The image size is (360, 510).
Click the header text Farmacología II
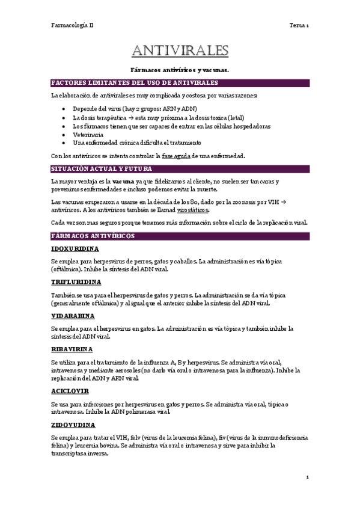click(x=72, y=25)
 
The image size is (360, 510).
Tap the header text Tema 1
click(x=299, y=25)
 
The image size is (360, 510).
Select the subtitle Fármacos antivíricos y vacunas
click(x=180, y=70)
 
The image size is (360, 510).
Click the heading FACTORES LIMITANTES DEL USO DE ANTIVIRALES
click(x=134, y=82)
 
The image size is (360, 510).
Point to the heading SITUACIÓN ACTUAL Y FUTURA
click(x=100, y=169)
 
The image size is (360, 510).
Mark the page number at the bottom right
click(x=307, y=477)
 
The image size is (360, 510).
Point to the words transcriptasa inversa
click(x=80, y=453)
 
